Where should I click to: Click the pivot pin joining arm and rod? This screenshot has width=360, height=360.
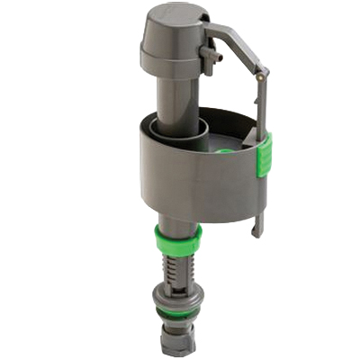(259, 77)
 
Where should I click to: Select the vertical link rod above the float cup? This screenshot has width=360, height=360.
(262, 108)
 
